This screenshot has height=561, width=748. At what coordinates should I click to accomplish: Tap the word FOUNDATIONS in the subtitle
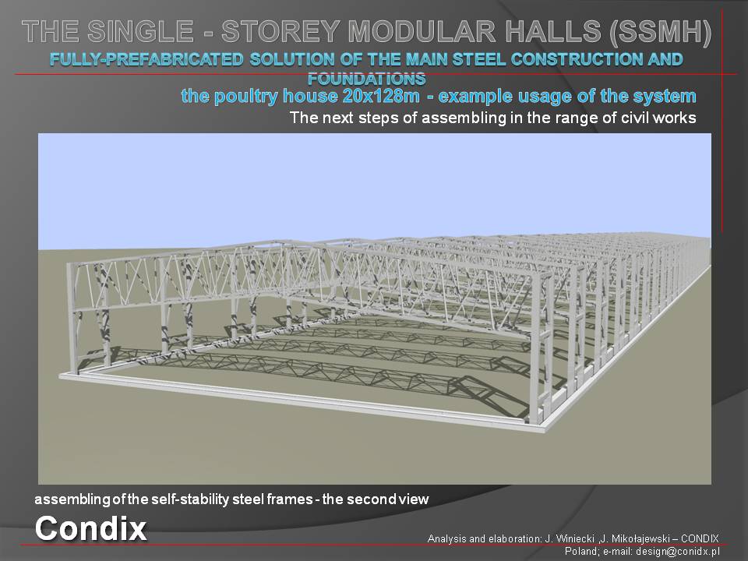[x=366, y=78]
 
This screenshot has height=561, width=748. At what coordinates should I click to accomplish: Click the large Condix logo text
[x=90, y=528]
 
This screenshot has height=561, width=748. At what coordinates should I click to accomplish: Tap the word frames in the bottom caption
[x=290, y=499]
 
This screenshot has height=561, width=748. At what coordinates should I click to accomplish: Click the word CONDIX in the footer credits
[x=700, y=539]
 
